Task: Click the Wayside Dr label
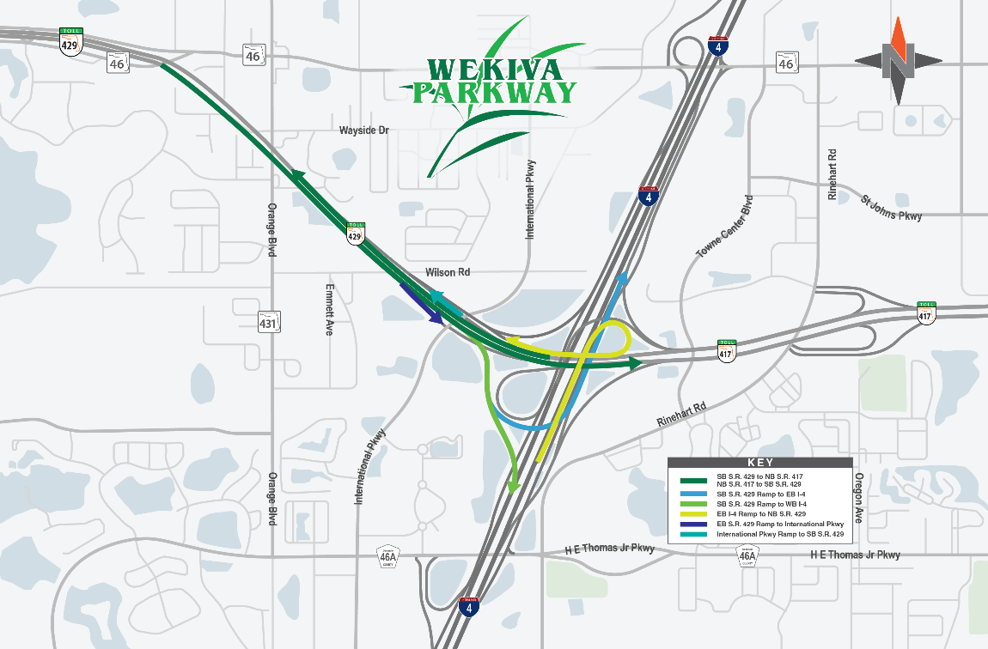tap(364, 130)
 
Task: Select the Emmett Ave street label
tap(329, 309)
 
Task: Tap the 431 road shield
tap(268, 322)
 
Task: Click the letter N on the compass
tap(898, 60)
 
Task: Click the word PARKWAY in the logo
tap(493, 92)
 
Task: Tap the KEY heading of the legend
tap(760, 462)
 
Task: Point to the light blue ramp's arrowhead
tap(623, 277)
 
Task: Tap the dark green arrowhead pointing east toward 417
tap(635, 364)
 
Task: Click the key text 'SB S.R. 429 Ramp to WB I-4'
tap(762, 503)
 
